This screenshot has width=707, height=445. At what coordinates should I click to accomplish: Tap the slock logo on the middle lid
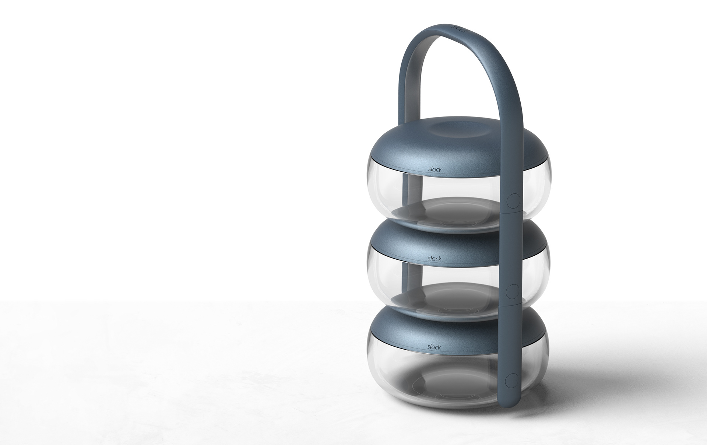tap(435, 259)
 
